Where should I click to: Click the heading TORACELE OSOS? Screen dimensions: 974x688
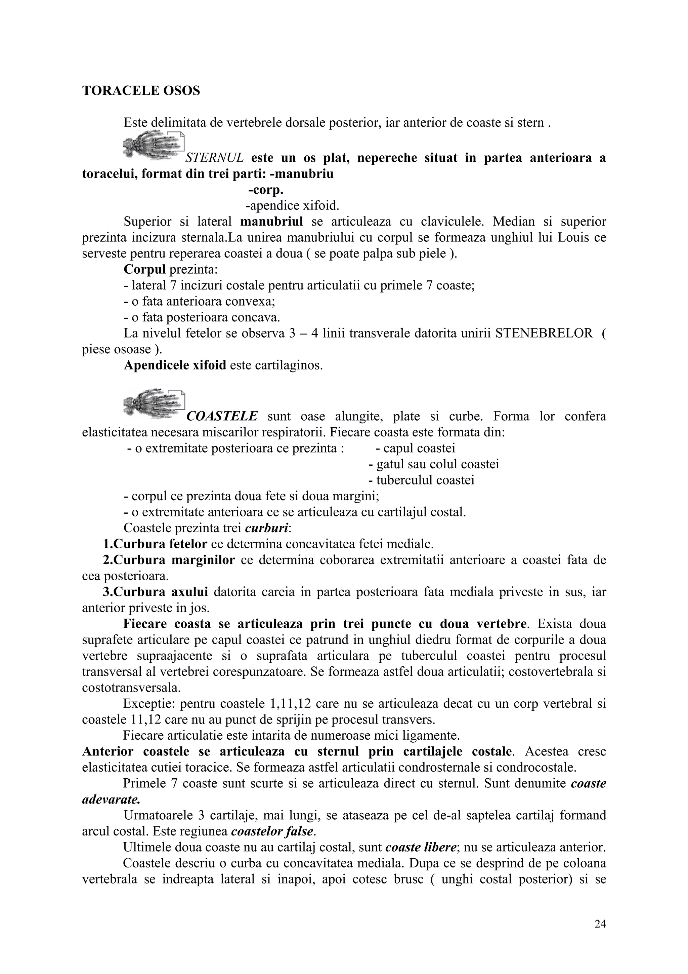(x=141, y=91)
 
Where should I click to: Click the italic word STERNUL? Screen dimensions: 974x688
(x=215, y=158)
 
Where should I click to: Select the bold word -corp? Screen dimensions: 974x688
(x=265, y=190)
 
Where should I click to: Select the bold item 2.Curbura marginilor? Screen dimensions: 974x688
(x=169, y=560)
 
